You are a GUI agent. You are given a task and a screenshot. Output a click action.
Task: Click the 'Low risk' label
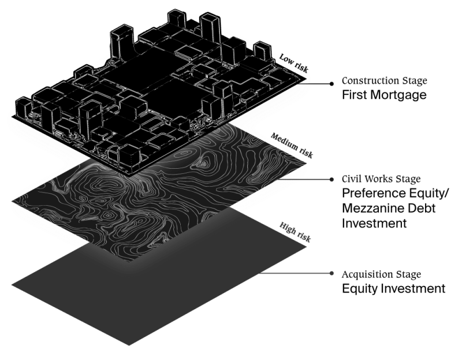coord(294,63)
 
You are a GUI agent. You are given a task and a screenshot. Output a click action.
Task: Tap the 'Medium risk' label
coord(292,146)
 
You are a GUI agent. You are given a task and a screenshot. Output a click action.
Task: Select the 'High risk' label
coord(295,232)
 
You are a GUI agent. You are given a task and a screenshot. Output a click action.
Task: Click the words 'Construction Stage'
coord(384,80)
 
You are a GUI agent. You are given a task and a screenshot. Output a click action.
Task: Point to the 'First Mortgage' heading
coord(384,95)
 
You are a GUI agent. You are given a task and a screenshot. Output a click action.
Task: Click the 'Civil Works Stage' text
coord(381,179)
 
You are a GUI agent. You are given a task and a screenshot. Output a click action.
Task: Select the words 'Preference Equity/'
coord(396,194)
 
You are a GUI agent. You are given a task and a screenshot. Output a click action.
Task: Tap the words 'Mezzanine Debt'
coord(389,208)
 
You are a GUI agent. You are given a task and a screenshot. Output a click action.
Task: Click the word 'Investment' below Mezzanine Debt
coord(374,223)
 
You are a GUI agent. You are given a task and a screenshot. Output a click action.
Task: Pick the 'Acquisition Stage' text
coord(381,274)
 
